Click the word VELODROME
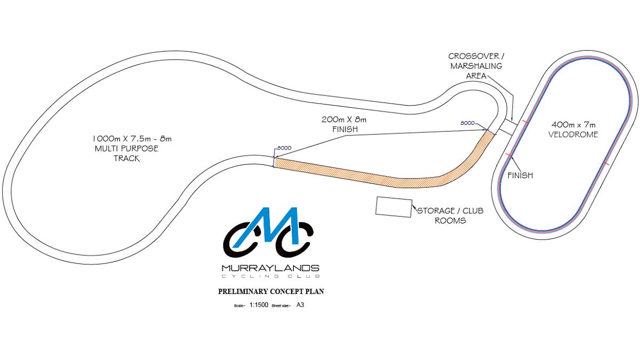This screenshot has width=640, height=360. point(573,134)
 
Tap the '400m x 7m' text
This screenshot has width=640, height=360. point(573,125)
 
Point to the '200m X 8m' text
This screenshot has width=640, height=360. point(343,119)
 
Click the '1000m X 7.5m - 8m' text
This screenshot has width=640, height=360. point(132,139)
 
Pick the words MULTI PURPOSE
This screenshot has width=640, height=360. point(126,149)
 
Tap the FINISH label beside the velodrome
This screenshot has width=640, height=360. point(520,175)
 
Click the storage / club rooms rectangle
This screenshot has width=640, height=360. point(394,206)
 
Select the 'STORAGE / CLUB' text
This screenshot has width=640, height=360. point(450,211)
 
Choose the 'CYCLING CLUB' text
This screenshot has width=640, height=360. point(271,276)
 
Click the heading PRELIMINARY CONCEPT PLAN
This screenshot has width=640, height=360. point(271,292)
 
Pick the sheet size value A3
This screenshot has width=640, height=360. point(300,306)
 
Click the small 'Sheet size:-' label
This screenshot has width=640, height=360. point(282,306)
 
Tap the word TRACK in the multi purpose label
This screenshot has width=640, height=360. point(126,158)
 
